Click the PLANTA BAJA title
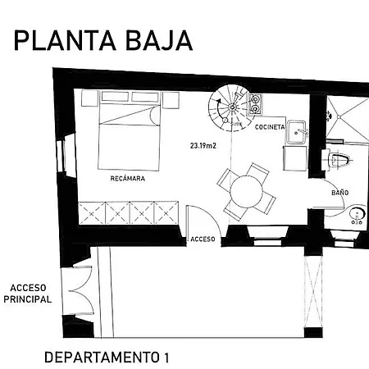point(103,40)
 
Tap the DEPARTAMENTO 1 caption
point(107,358)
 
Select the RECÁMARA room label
point(128,179)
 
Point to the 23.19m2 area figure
point(203,146)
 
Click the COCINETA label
point(270,127)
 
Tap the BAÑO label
point(340,193)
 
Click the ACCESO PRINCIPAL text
point(27,294)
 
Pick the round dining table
point(246,192)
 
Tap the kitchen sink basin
point(296,132)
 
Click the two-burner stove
point(255,103)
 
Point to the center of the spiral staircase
point(232,107)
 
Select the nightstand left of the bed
point(89,98)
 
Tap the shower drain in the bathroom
point(339,116)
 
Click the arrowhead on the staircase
point(218,101)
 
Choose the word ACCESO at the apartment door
point(203,239)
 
